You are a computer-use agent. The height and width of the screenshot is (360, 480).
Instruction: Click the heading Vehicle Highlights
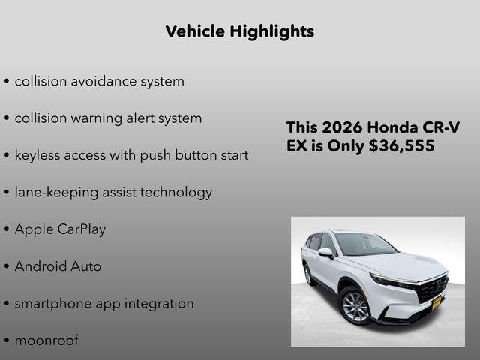[239, 31]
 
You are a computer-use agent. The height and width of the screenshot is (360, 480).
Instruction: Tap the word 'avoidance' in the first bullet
[104, 81]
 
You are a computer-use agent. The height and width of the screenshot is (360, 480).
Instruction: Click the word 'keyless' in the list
[37, 155]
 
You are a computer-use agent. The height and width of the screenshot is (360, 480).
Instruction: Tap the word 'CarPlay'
[82, 229]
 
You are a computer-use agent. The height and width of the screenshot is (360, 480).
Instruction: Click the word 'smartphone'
[51, 304]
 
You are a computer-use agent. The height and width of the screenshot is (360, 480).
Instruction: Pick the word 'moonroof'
[46, 340]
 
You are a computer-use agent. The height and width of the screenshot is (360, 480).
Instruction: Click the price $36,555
[402, 147]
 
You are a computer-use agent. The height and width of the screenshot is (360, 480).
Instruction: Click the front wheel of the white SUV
[355, 307]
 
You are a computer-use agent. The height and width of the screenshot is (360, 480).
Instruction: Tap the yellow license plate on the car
[436, 302]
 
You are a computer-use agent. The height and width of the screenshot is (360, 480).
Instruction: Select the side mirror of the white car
[326, 253]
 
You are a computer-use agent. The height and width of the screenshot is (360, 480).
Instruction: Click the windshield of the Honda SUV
[364, 244]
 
